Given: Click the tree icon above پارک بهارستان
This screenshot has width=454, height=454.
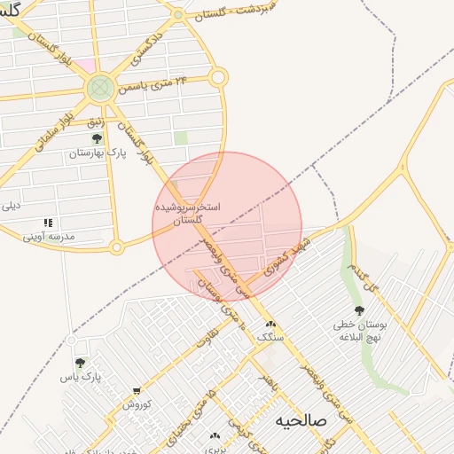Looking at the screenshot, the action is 98,138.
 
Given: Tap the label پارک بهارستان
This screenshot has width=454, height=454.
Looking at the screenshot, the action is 98,153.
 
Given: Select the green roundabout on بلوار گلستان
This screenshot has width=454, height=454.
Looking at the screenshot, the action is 99,87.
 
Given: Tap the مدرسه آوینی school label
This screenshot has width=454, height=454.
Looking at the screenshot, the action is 49,237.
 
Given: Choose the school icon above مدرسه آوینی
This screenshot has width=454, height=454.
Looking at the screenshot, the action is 48,223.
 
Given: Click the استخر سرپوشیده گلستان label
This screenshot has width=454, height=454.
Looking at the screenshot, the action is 188,212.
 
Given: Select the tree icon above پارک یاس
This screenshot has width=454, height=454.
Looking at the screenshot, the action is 81,364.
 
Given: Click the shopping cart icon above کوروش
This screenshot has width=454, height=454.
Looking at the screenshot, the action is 137,390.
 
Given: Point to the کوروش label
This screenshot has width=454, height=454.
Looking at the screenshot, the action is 137,404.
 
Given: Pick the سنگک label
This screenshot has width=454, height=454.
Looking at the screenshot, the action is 270,338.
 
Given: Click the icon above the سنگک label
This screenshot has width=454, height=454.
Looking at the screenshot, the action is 270,325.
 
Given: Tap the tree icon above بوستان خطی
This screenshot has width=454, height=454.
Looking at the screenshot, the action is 358,310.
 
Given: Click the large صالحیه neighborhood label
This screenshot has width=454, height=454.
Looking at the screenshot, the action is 301,419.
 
